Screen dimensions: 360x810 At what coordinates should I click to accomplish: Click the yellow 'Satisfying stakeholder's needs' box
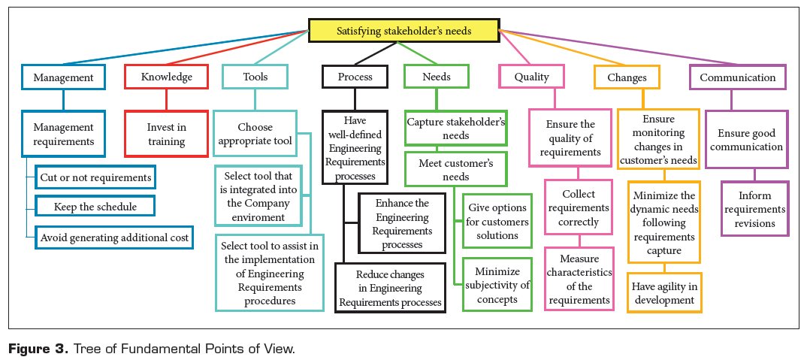[403, 31]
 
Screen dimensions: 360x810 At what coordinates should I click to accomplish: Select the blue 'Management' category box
[62, 77]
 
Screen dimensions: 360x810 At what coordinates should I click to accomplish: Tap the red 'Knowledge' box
[165, 77]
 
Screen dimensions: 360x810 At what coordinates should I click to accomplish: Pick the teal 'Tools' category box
[255, 77]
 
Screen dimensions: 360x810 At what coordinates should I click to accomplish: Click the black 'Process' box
[355, 77]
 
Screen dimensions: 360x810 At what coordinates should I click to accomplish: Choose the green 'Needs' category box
[437, 77]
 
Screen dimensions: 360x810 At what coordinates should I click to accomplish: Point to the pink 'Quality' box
[531, 77]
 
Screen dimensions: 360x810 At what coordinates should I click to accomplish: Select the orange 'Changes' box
[626, 77]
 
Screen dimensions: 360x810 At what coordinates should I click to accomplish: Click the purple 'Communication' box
[737, 77]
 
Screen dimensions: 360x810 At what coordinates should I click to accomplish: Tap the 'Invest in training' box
[165, 135]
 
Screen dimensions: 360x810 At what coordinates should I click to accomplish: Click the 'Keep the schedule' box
[95, 206]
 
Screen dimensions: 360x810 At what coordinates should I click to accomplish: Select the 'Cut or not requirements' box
[95, 177]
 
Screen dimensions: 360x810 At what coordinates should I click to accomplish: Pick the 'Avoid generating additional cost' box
[114, 237]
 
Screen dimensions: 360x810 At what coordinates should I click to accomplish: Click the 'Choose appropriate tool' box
[255, 135]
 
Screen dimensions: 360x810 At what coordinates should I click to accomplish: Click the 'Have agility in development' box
[664, 292]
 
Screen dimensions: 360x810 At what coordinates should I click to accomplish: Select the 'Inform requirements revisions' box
[754, 208]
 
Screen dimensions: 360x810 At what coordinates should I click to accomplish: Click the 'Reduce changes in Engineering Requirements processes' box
[391, 286]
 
